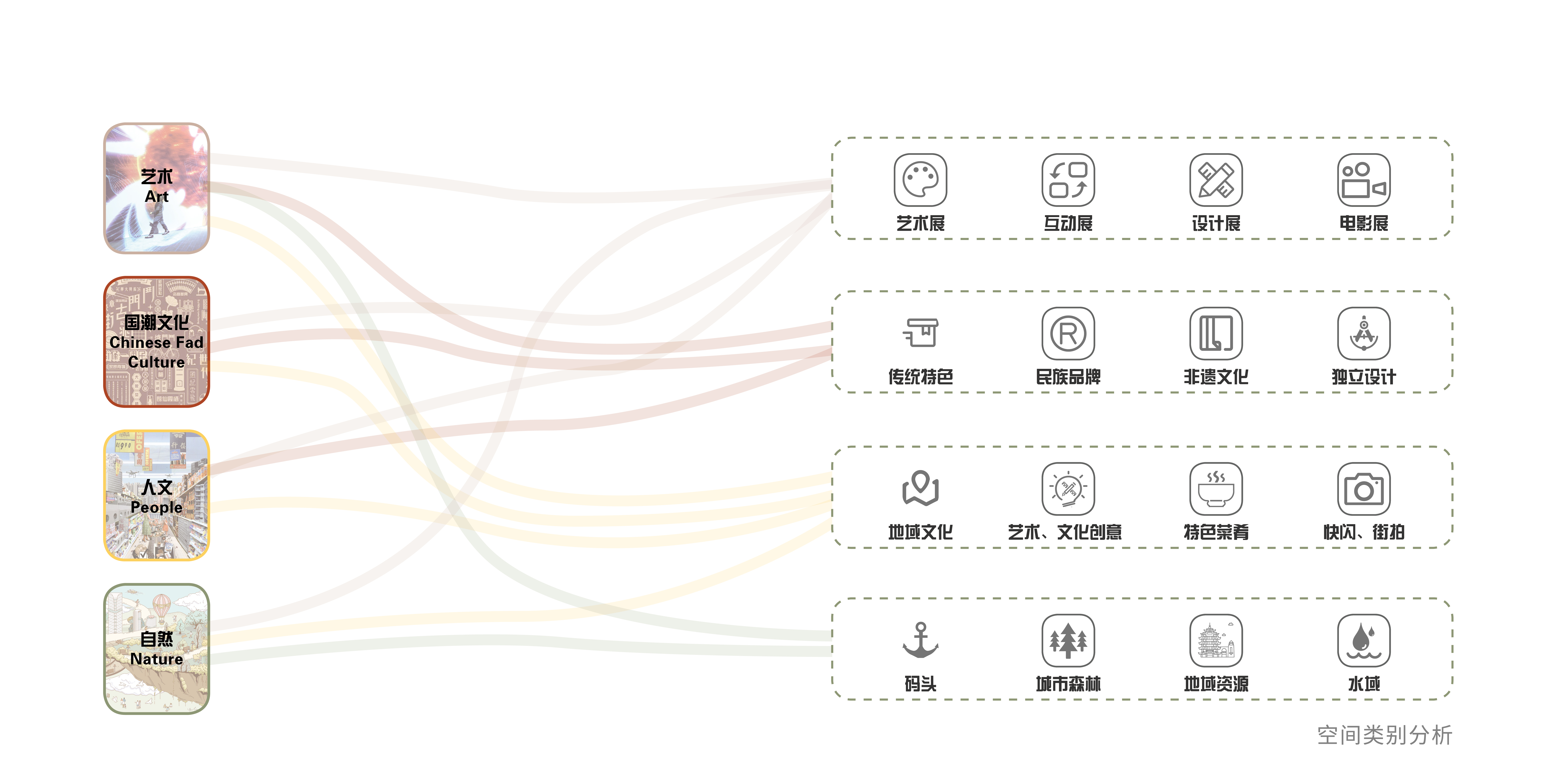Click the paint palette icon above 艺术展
(x=920, y=180)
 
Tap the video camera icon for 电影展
(x=1363, y=180)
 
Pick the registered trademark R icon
(x=1068, y=334)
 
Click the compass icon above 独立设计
(x=1363, y=334)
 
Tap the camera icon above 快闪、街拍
(x=1363, y=489)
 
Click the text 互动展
(x=1068, y=223)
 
